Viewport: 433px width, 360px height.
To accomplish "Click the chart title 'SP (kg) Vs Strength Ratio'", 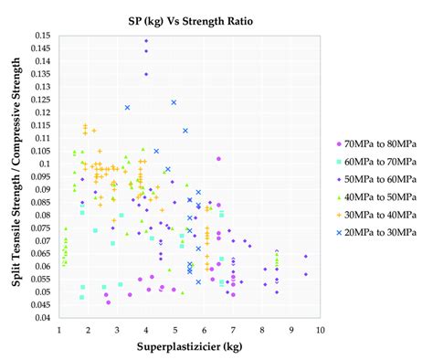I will click(190, 17).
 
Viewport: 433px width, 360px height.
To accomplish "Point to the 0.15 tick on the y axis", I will click(44, 36).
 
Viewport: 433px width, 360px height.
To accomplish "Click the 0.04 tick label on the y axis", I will click(44, 318).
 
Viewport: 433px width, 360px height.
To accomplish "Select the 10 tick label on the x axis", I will click(320, 329).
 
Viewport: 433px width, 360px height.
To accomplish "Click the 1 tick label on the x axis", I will click(59, 329).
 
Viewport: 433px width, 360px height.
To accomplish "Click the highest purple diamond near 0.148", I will click(146, 41).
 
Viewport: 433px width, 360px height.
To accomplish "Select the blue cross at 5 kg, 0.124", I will click(174, 102).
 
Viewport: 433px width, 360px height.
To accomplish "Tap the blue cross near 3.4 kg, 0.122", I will click(128, 108).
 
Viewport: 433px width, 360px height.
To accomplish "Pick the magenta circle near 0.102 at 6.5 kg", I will click(218, 159).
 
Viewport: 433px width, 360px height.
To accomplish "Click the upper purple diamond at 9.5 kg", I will click(305, 257).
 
